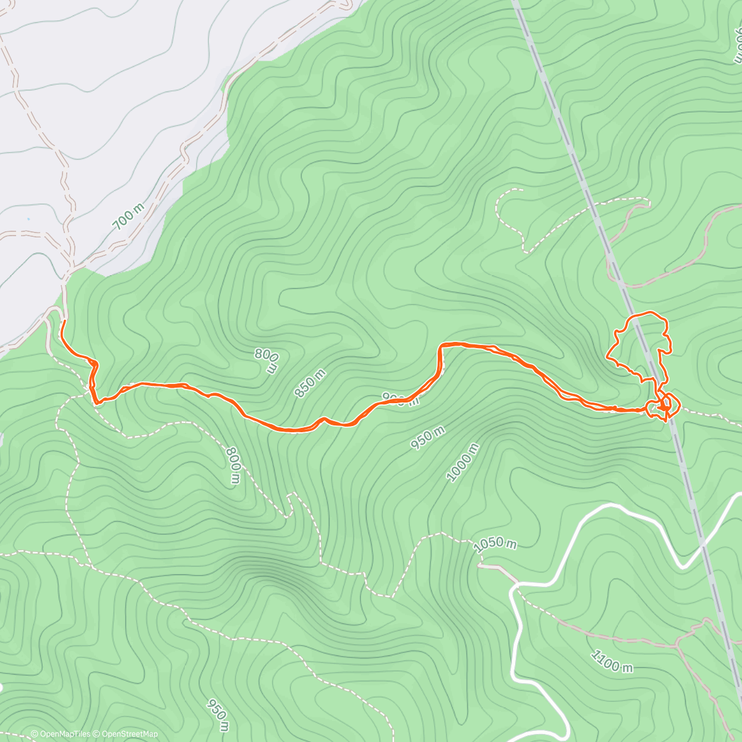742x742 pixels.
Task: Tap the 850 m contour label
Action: (x=311, y=383)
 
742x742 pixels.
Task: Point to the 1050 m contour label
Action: (x=495, y=544)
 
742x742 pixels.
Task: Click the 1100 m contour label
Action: (x=612, y=661)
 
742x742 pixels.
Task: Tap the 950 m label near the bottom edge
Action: (x=218, y=714)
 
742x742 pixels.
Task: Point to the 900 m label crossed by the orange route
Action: (x=399, y=399)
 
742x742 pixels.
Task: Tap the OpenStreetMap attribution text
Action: (x=127, y=734)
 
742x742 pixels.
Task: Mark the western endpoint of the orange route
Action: (x=63, y=322)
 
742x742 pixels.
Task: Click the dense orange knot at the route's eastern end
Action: (x=665, y=405)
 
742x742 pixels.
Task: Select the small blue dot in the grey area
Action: (x=28, y=219)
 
